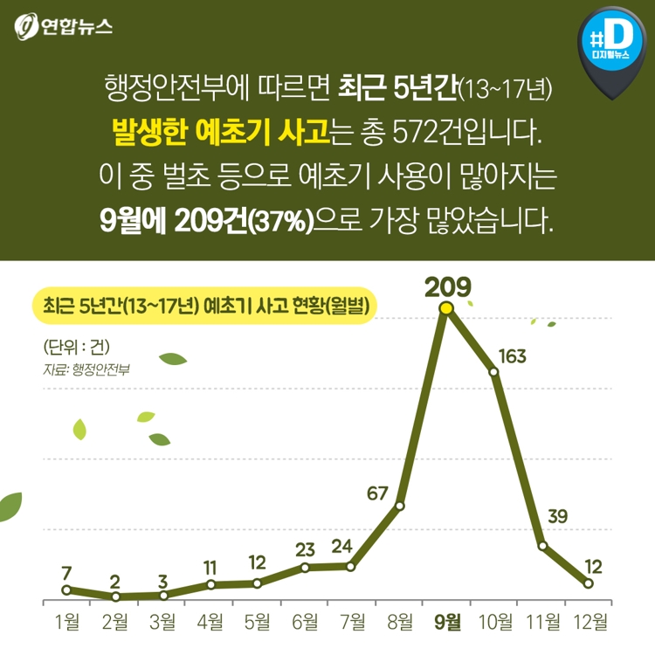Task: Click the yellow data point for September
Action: [x=446, y=307]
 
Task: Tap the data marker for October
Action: [x=493, y=372]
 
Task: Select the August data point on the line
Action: [x=400, y=506]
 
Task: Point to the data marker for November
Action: [x=542, y=546]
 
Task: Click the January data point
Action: [x=66, y=589]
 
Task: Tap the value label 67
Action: [x=377, y=493]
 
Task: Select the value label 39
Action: [x=557, y=516]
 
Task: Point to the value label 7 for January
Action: [x=66, y=572]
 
